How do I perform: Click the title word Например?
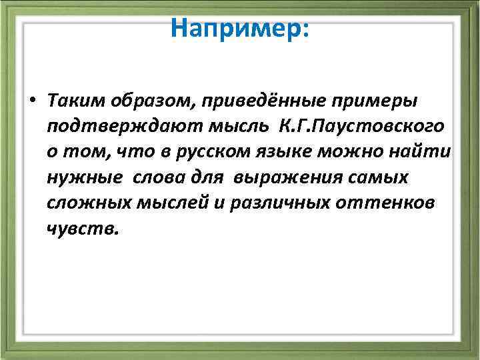click(x=239, y=28)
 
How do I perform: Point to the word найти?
click(x=424, y=153)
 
